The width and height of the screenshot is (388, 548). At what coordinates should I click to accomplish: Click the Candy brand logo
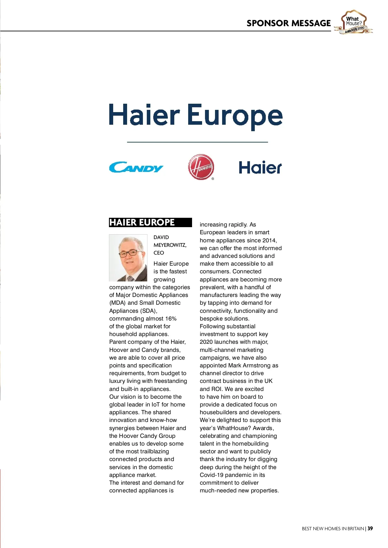136,167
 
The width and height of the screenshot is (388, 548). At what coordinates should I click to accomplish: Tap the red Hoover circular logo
201,167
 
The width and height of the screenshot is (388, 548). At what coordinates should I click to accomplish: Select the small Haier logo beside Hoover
260,168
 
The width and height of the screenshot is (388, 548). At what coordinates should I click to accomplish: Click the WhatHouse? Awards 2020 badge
354,22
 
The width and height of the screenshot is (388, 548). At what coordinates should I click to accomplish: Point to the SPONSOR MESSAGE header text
288,23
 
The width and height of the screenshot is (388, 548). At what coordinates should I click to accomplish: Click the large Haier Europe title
196,116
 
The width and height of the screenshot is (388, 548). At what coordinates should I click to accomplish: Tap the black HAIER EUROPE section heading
142,222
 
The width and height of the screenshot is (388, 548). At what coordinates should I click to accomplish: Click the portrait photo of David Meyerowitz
128,258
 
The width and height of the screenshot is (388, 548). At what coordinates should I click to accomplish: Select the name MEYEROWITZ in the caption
170,245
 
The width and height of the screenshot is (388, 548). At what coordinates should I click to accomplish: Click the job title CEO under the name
159,253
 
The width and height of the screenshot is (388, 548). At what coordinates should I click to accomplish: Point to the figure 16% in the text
171,319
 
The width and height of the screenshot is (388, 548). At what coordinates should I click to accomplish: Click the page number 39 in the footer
370,529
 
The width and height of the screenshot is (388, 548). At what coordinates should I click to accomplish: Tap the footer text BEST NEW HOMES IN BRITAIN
333,529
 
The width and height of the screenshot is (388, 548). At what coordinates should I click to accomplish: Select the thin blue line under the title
197,142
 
